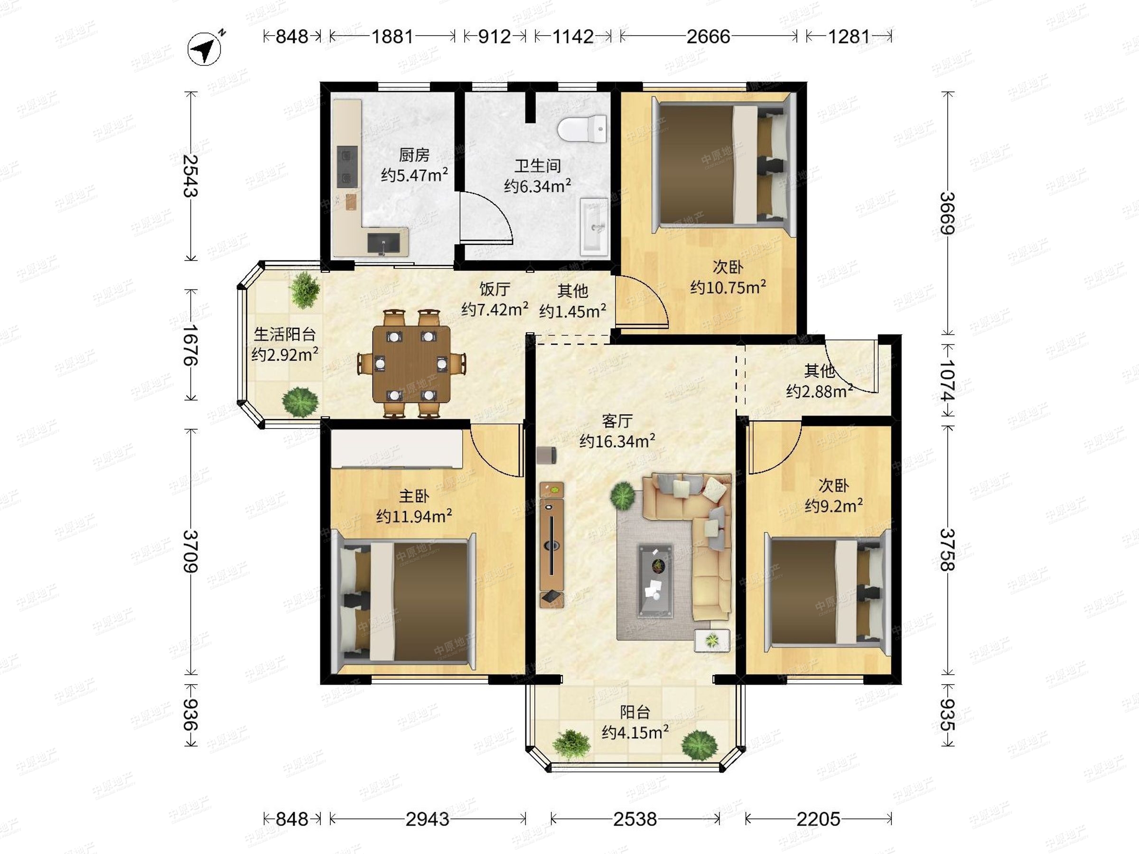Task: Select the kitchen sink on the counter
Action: [383, 242]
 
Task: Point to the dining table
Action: [411, 363]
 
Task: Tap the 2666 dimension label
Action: [708, 37]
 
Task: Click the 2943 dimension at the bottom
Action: [428, 818]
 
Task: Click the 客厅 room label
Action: [617, 421]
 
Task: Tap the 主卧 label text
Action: [414, 496]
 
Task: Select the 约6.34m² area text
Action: [538, 186]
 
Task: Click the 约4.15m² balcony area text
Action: [635, 732]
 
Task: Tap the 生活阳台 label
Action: [285, 334]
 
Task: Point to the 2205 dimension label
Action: [818, 818]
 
